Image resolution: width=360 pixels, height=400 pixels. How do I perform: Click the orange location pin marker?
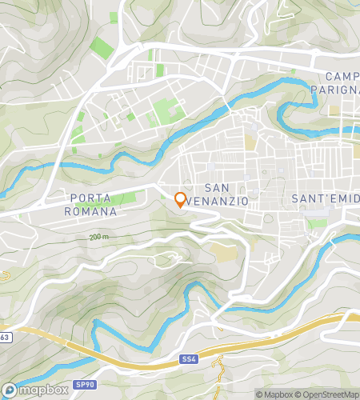[181, 199]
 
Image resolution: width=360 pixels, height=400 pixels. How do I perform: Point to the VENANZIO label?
[214, 198]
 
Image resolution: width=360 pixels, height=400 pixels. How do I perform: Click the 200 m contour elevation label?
[99, 238]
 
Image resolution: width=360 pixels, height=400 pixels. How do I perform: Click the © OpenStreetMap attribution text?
[329, 394]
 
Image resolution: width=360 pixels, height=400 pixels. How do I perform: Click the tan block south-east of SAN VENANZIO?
[226, 253]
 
